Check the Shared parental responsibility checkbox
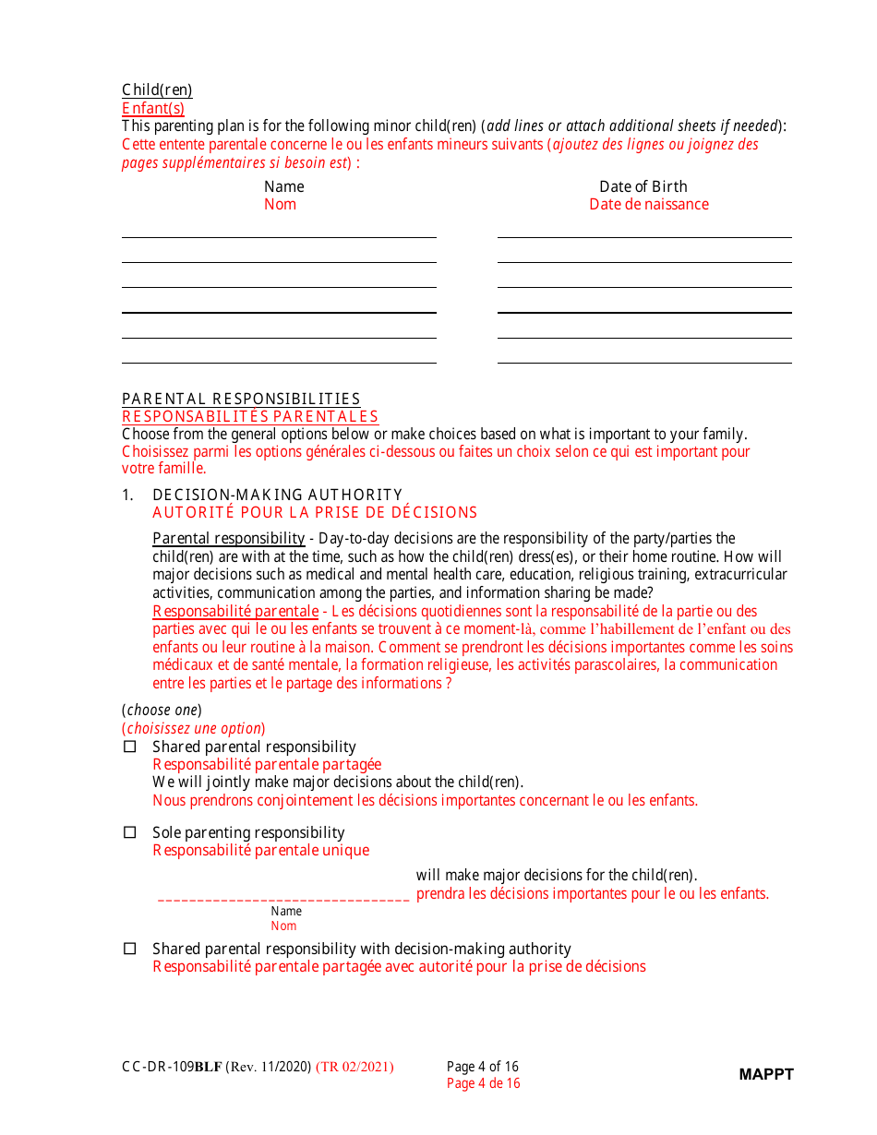[x=130, y=747]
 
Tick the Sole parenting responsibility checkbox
[x=130, y=832]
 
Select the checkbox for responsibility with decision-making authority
[x=130, y=949]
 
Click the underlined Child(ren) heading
[x=157, y=90]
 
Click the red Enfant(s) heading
[x=153, y=108]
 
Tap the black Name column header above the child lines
[x=283, y=186]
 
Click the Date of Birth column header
[x=643, y=186]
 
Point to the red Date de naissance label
[x=649, y=205]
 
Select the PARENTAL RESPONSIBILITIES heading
[x=241, y=399]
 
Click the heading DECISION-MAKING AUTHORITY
[x=277, y=495]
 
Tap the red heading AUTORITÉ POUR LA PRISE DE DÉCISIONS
[x=315, y=512]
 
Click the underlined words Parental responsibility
[x=228, y=538]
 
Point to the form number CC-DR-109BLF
[x=172, y=1067]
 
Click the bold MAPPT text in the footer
[x=765, y=1074]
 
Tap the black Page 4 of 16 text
[x=483, y=1067]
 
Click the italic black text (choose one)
[x=162, y=710]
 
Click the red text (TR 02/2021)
[x=354, y=1067]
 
